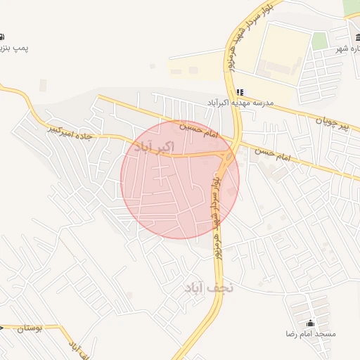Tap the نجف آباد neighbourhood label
209,288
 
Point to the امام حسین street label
200,131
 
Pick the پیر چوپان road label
330,124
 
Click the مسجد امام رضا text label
310,333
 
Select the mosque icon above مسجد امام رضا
311,323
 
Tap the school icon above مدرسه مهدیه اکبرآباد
240,92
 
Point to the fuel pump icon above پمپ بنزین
2,37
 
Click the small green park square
320,40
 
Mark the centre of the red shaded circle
180,179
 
